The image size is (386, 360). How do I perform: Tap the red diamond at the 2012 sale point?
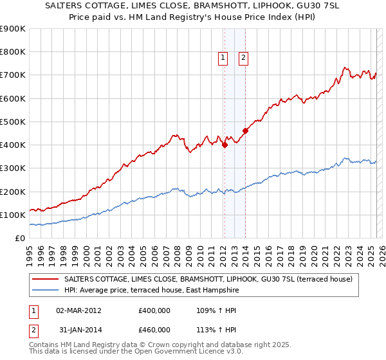click(x=225, y=145)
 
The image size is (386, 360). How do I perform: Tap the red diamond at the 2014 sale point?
click(x=245, y=131)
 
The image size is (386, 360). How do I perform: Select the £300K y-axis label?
click(x=13, y=168)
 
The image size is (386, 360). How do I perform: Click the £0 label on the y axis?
click(x=21, y=239)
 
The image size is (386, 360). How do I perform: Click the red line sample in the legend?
click(x=46, y=280)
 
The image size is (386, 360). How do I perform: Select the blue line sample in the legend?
click(x=46, y=291)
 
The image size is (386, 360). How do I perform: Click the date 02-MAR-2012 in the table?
click(x=78, y=310)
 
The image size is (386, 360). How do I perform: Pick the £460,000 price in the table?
click(x=154, y=330)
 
